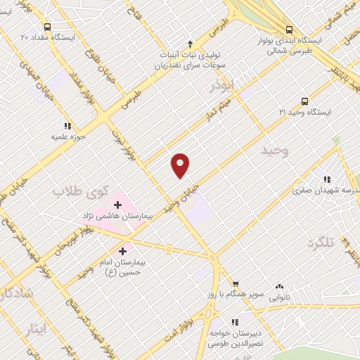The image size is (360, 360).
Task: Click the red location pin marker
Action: pyautogui.click(x=181, y=165)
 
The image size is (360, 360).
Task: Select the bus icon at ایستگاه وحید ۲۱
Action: pyautogui.click(x=304, y=101)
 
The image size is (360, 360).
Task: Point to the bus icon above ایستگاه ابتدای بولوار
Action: pyautogui.click(x=290, y=30)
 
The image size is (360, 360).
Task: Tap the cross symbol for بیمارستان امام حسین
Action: pyautogui.click(x=122, y=250)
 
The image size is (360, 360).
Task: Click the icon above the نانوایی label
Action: pyautogui.click(x=281, y=286)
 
